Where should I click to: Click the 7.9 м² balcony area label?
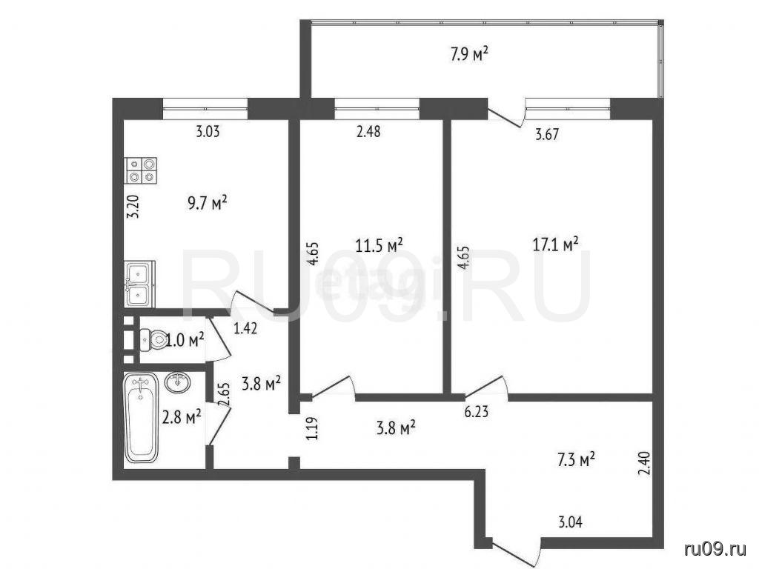coord(468,53)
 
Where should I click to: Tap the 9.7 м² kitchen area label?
coord(208,203)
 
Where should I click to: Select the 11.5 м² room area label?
coord(379,245)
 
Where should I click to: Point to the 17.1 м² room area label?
coord(556,244)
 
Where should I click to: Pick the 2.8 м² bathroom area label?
coord(182,416)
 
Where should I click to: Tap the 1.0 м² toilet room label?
coord(185,341)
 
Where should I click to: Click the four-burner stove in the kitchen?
coord(142,171)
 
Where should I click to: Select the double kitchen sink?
coord(140,284)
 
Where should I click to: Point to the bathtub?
coord(141,417)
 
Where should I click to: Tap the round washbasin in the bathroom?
coord(178,383)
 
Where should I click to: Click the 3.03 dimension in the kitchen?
coord(208,132)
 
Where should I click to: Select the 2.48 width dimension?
coord(368,131)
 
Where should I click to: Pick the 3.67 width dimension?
coord(546,134)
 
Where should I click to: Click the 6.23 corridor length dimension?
coord(476,412)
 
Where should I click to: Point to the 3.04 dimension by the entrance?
coord(571,522)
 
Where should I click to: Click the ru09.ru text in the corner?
coord(715,549)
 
